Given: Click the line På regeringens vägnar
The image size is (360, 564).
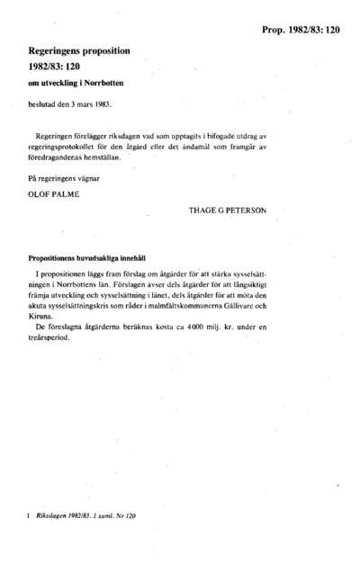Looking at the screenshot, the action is pos(65,177).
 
